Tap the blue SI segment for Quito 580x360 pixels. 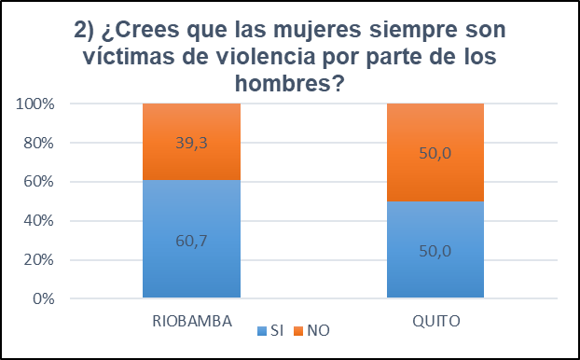(x=435, y=270)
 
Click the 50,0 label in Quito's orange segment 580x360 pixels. (x=435, y=154)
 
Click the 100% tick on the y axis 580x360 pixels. (x=36, y=104)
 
